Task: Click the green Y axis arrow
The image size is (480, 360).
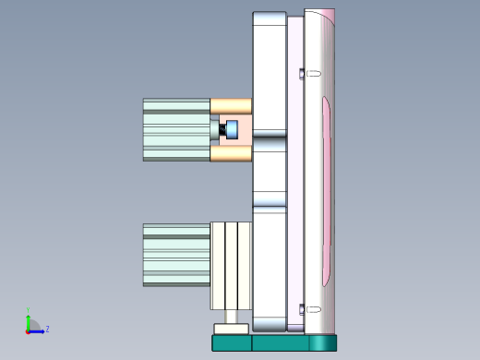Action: pos(28,319)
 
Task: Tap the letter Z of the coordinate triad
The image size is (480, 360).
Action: pos(47,329)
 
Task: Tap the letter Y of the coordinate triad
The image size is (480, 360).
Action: pos(28,311)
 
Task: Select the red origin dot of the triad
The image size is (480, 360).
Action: pos(28,330)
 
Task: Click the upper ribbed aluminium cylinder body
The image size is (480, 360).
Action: pos(176,129)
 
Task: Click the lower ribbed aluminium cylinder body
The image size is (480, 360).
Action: pos(176,254)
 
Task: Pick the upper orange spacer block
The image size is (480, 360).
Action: pos(231,106)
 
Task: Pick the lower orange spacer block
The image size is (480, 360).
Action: pos(231,153)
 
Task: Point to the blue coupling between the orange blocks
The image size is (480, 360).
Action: pos(233,129)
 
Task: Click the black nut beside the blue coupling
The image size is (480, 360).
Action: pos(222,130)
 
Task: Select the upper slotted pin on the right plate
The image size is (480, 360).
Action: pos(311,72)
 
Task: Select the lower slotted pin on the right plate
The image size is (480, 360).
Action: pos(311,309)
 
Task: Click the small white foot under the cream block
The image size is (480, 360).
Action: pos(231,329)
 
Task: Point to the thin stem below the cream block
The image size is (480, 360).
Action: pos(231,316)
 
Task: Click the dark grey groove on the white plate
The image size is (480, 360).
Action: pos(270,135)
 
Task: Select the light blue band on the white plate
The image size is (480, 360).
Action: pos(270,198)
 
